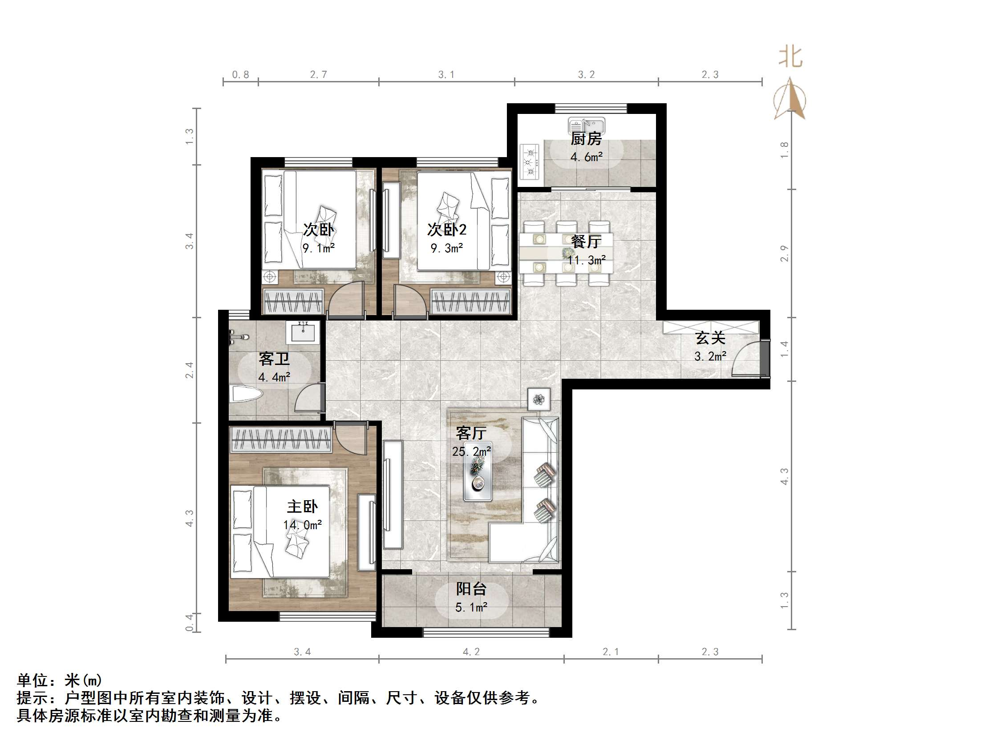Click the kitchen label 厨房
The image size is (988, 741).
point(586,139)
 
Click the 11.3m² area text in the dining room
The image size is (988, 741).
point(586,260)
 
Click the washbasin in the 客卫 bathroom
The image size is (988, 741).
point(303,332)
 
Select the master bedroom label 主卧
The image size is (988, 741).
point(302,506)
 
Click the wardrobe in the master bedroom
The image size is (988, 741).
point(280,439)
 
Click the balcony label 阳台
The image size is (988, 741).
point(471,589)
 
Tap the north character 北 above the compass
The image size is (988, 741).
point(790,57)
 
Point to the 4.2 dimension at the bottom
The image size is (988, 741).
point(471,652)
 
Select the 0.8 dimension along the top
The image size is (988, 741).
point(240,75)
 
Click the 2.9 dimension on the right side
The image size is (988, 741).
point(784,254)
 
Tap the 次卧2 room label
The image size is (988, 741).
point(447,230)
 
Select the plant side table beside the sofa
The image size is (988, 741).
point(539,399)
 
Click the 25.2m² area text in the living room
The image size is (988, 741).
point(471,452)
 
